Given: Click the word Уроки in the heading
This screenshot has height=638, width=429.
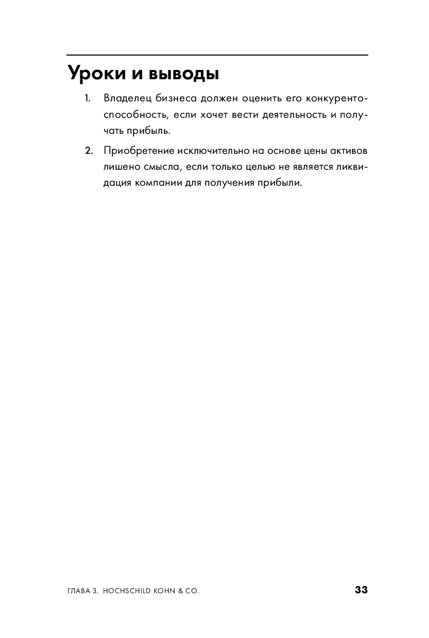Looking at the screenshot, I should (95, 74).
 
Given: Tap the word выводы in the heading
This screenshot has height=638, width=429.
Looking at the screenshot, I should (184, 74).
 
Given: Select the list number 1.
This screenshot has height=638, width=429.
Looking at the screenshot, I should (88, 98).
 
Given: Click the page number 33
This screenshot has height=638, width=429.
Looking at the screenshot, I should (362, 590).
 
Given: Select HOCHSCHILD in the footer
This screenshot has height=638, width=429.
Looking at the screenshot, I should (128, 591).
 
